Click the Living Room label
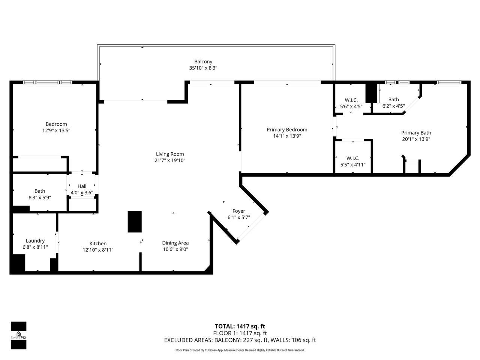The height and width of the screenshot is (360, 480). tap(170, 154)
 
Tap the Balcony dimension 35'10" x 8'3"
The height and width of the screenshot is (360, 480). tap(203, 68)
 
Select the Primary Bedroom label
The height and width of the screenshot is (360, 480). tap(287, 129)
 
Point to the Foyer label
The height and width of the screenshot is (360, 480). tap(238, 211)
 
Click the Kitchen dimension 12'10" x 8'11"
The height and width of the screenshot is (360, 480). tap(98, 250)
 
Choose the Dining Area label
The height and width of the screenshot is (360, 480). tap(175, 243)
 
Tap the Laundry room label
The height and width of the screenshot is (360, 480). tap(35, 241)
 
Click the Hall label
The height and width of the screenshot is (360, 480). tap(82, 186)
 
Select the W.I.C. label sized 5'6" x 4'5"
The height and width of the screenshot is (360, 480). tap(351, 100)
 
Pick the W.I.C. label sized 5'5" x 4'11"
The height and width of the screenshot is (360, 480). tap(352, 158)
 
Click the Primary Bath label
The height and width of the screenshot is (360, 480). tap(416, 133)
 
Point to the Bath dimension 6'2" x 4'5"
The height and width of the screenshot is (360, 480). tap(393, 106)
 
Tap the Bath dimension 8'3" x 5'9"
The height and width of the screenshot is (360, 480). tap(40, 198)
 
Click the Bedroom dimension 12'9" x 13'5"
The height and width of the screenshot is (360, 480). tap(56, 130)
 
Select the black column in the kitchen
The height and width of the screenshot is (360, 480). tap(135, 222)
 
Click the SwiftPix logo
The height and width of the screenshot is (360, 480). tap(18, 335)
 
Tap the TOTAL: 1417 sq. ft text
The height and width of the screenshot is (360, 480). tap(240, 326)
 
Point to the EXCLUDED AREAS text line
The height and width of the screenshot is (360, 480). tap(240, 340)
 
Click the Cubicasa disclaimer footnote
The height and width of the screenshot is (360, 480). tap(240, 350)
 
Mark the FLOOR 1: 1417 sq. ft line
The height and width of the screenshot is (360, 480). tap(240, 333)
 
